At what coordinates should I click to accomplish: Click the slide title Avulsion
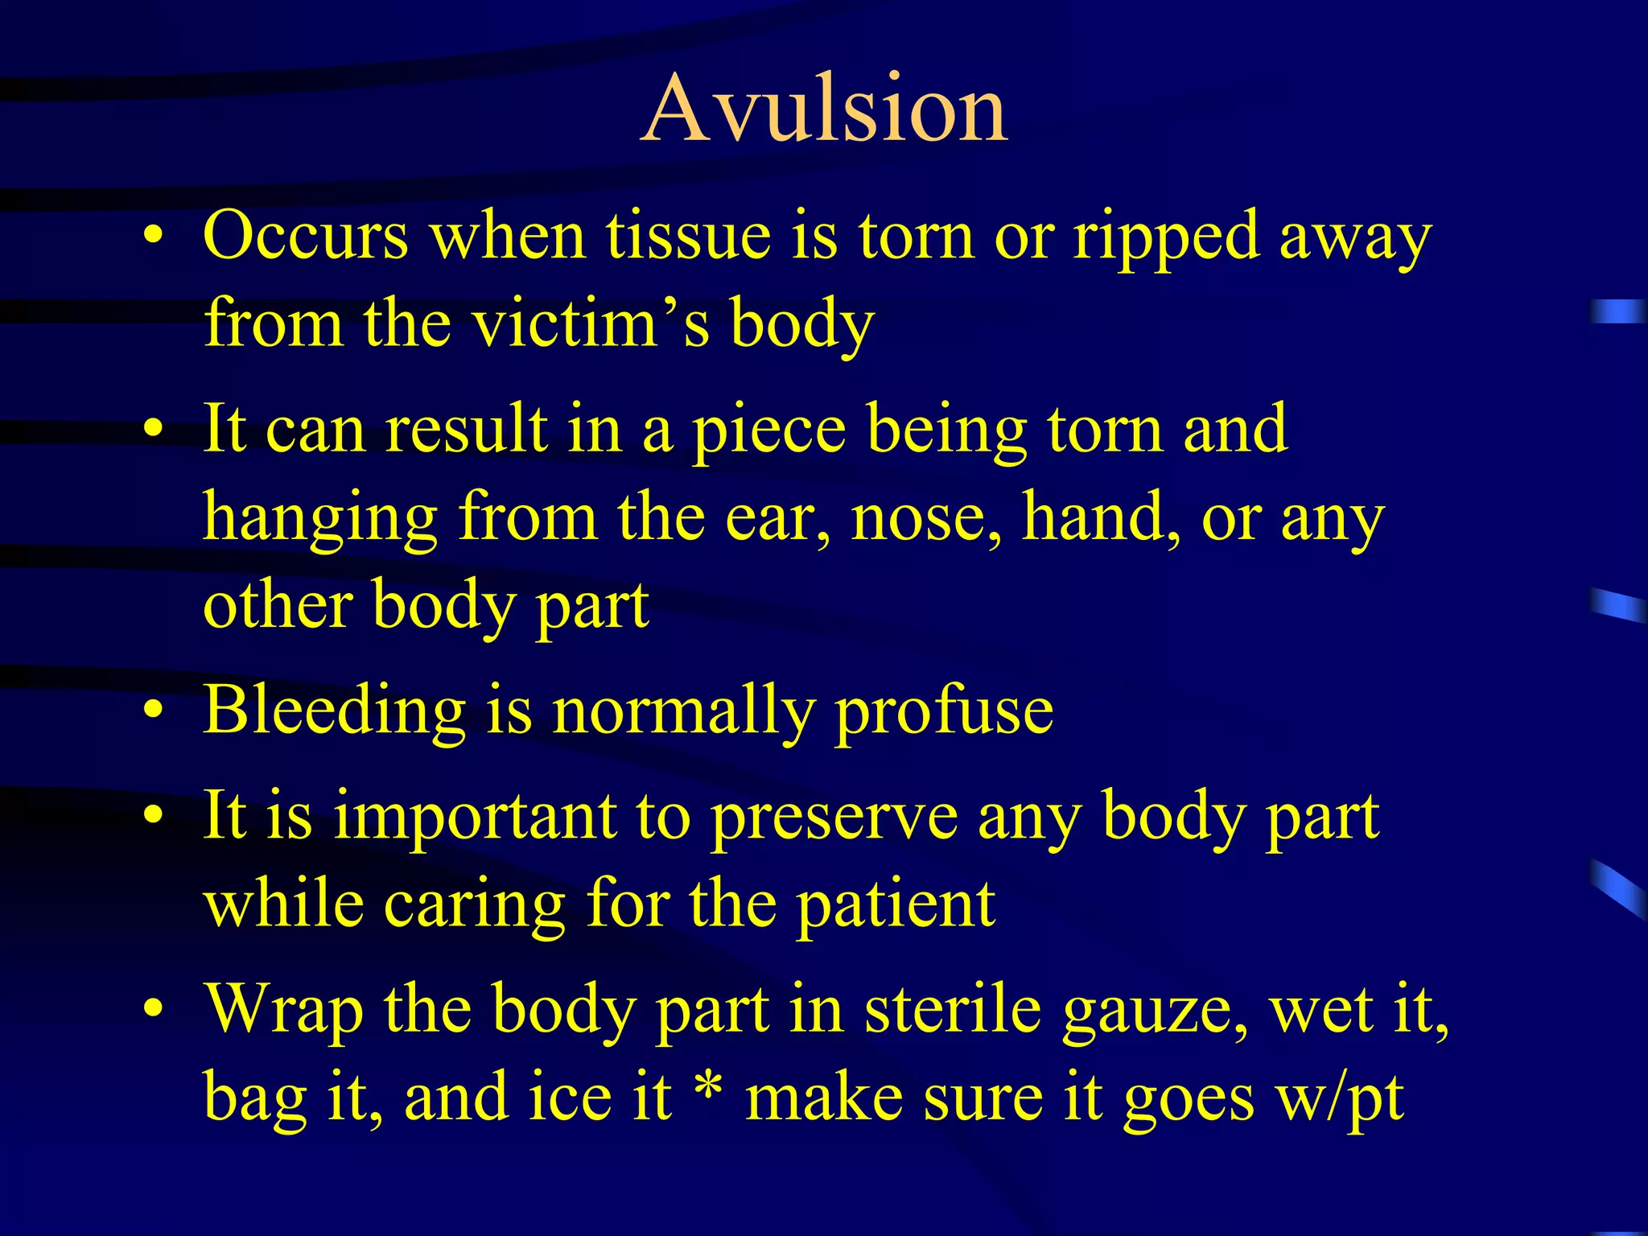[x=824, y=109]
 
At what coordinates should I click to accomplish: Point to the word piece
[x=769, y=431]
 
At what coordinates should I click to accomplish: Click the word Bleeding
[x=334, y=710]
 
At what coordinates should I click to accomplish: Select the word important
[x=475, y=818]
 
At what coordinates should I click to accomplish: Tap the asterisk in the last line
[x=708, y=1086]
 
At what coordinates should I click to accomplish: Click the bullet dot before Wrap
[x=154, y=1008]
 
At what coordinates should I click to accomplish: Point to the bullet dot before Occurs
[x=154, y=236]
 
